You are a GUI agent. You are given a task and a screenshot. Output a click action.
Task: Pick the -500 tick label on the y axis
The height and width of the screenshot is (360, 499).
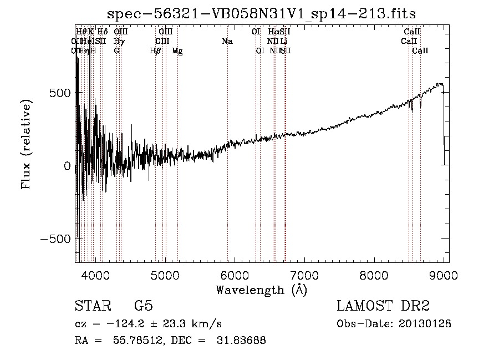pos(54,239)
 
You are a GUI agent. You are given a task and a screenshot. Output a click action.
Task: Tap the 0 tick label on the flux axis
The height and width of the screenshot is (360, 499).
pos(66,165)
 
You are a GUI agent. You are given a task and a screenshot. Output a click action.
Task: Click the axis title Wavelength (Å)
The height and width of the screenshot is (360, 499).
pos(261,290)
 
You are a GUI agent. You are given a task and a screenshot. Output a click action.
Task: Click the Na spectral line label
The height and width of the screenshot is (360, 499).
pos(227,41)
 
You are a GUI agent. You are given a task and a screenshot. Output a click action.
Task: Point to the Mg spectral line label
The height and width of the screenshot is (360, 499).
pos(177,51)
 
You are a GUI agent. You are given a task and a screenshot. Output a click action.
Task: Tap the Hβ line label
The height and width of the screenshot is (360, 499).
pos(155,50)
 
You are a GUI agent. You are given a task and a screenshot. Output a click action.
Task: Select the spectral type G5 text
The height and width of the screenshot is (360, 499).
pos(144,307)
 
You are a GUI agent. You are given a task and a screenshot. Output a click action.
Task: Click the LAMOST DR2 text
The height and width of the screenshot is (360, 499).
pos(383,307)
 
